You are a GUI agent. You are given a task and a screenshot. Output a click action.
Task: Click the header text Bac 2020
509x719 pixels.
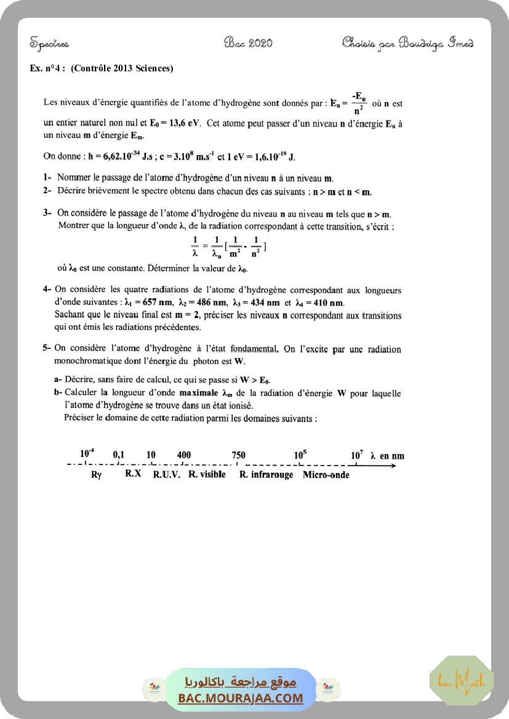(x=249, y=42)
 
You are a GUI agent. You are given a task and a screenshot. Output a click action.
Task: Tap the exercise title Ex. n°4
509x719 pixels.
(x=47, y=68)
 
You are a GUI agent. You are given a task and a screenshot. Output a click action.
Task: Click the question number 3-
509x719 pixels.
(x=47, y=213)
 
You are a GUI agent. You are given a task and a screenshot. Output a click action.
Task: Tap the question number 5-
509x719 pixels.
(x=47, y=349)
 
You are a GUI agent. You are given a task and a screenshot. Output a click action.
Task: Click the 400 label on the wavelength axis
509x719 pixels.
(x=183, y=455)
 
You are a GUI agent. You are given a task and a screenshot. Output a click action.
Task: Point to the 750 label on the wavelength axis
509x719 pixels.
(x=238, y=455)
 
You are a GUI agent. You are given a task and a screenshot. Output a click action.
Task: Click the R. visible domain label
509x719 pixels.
(x=207, y=475)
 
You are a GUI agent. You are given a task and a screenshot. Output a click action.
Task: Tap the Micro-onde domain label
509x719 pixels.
(x=326, y=475)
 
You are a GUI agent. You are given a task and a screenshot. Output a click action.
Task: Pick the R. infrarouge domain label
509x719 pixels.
(x=267, y=475)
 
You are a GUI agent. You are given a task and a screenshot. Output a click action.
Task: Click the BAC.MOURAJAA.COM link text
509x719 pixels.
(x=241, y=698)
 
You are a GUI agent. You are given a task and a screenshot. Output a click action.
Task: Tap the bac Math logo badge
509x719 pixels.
(x=462, y=681)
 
